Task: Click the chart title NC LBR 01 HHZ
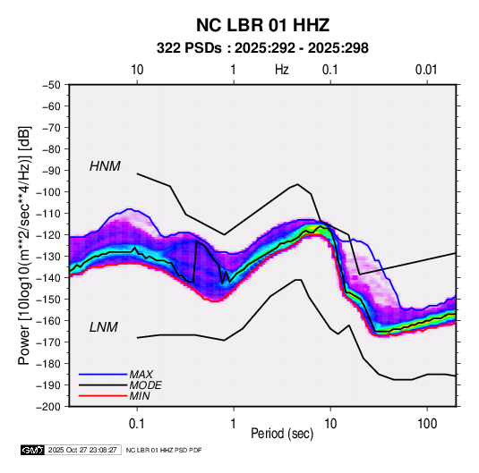(x=262, y=25)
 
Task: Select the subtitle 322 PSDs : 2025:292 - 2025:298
(x=262, y=48)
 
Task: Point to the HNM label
(x=105, y=166)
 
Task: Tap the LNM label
(x=104, y=327)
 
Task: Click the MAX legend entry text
(x=141, y=374)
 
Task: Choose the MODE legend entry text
(x=145, y=385)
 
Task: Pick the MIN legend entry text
(x=140, y=396)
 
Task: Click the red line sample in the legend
(x=103, y=396)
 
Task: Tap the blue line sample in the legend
(x=103, y=374)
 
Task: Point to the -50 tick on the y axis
(x=51, y=85)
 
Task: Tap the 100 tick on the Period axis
(x=427, y=424)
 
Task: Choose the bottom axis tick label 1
(x=233, y=424)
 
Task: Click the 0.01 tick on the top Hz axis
(x=426, y=70)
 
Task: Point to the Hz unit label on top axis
(x=282, y=70)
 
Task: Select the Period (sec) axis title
(x=282, y=434)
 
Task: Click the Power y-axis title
(x=24, y=246)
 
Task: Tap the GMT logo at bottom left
(x=33, y=450)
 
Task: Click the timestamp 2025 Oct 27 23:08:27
(x=82, y=450)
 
